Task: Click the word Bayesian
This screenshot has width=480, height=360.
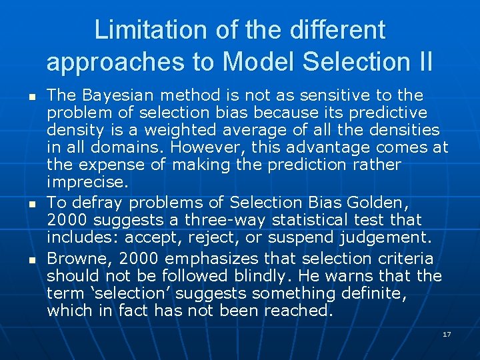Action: (109, 95)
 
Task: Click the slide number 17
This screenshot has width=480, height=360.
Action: (447, 333)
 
